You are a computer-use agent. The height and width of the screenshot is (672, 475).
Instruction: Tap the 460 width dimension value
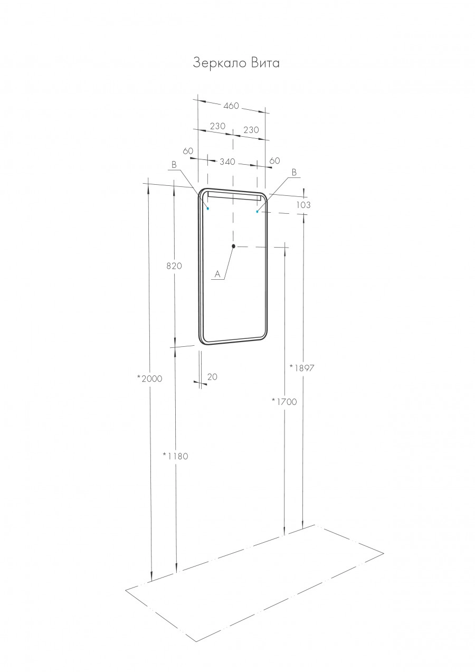[x=231, y=106]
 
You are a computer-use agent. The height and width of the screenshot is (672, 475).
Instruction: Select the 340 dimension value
[x=227, y=162]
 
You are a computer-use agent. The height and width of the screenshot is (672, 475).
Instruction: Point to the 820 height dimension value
[x=174, y=266]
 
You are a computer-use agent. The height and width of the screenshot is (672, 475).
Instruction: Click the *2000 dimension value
[x=149, y=378]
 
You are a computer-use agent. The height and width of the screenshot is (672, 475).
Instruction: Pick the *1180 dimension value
[x=175, y=456]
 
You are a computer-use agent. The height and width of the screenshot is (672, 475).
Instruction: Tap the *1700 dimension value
[x=284, y=402]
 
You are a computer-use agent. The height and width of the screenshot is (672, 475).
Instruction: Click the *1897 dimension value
[x=302, y=368]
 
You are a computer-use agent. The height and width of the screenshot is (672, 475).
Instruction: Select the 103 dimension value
[x=303, y=205]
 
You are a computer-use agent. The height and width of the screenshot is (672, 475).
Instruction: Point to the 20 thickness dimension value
[x=213, y=377]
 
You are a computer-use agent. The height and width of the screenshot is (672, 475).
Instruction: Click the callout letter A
[x=217, y=274]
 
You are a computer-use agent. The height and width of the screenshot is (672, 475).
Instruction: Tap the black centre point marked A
[x=233, y=246]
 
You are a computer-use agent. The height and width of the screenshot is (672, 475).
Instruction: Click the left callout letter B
[x=174, y=165]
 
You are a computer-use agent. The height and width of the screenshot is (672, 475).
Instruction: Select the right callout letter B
[x=294, y=173]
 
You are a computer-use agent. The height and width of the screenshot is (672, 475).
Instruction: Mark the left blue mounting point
[x=208, y=209]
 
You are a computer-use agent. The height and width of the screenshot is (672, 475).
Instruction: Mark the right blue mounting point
[x=257, y=212]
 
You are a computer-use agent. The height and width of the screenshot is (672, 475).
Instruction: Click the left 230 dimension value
[x=217, y=126]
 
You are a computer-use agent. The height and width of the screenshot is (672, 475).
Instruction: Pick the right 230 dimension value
[x=251, y=130]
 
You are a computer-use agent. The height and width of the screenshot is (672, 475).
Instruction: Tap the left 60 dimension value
[x=188, y=151]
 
